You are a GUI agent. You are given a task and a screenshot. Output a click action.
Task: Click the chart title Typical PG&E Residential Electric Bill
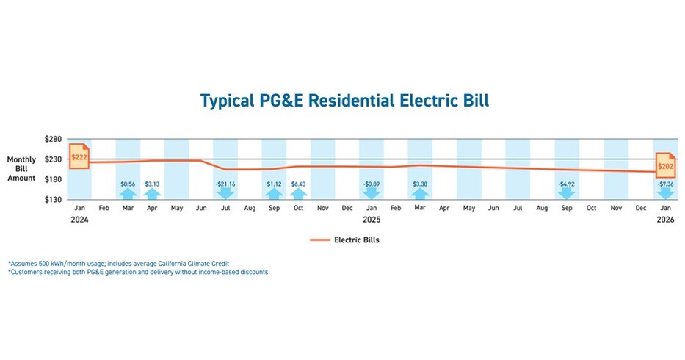pos(344,101)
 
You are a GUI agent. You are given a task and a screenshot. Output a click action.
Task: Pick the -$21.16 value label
pos(225,184)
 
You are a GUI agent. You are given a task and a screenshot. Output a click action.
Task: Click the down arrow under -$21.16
pos(225,194)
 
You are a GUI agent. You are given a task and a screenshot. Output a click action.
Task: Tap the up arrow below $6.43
pos(298,194)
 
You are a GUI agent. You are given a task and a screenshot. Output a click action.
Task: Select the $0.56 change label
pos(128,184)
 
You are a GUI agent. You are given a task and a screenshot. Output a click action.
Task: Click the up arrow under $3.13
pos(152,194)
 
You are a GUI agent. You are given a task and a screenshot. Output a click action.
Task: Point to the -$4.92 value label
pos(567,184)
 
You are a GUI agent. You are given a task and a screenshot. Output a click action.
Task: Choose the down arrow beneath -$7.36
pos(665,194)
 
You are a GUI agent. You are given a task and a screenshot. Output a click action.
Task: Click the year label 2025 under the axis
pos(372,220)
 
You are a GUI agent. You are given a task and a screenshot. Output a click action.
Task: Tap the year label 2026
pos(665,220)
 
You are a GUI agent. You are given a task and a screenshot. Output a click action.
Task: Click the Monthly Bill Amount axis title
pos(21,169)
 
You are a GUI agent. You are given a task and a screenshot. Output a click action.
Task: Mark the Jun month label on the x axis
pos(200,209)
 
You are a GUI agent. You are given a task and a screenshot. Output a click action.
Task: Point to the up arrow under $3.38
pos(420,194)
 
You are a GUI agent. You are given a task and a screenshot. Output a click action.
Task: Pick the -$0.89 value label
pos(372,184)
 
